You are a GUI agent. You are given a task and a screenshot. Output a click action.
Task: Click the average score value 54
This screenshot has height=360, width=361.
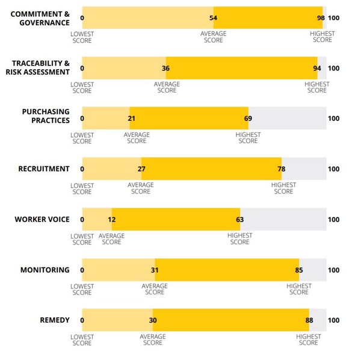[x=214, y=18]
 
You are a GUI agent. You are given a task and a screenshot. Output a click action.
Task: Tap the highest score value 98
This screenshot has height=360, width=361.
[x=321, y=18]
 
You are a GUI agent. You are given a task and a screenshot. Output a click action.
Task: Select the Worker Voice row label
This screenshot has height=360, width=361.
[x=42, y=219]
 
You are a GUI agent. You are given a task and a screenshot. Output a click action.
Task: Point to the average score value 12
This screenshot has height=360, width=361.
[x=112, y=219]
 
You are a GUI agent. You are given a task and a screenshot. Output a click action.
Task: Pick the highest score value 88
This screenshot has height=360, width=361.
[x=309, y=320]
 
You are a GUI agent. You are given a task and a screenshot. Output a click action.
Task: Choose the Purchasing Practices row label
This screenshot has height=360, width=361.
[x=46, y=115]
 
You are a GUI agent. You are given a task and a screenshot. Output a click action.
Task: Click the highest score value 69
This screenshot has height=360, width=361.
[x=248, y=118]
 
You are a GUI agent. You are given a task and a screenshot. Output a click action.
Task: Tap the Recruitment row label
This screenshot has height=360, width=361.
[x=44, y=169]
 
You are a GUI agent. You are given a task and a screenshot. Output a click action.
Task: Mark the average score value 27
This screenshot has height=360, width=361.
[x=141, y=169]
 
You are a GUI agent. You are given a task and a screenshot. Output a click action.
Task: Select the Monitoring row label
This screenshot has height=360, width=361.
[x=45, y=270]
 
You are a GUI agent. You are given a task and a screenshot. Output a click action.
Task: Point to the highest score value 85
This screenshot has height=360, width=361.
[x=300, y=270]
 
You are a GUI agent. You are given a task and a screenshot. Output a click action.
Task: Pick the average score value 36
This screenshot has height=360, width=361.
[x=166, y=69]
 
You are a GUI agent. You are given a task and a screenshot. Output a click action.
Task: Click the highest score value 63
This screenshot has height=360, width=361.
[x=240, y=219]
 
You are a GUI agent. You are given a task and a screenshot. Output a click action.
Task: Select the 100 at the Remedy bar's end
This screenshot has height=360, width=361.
[x=333, y=320]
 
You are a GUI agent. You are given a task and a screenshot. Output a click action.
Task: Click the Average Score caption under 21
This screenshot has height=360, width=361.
[x=137, y=138]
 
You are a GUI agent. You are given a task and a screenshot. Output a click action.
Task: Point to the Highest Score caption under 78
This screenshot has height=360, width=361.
[x=284, y=188]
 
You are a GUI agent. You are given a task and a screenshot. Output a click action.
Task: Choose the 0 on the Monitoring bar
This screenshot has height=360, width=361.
[x=82, y=270]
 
